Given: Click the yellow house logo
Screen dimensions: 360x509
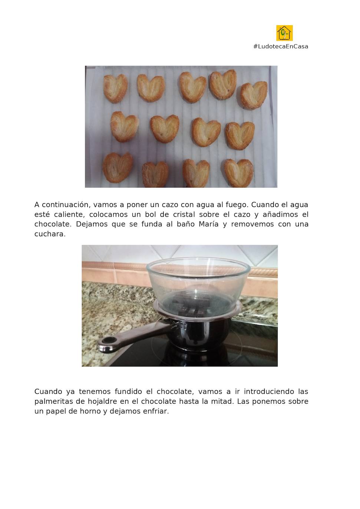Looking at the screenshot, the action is [284, 33].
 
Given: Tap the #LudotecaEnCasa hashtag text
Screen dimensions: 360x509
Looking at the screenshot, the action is [281, 47].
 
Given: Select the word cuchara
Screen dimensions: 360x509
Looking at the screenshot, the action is [50, 234].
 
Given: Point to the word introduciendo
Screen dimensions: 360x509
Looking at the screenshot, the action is [268, 392].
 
